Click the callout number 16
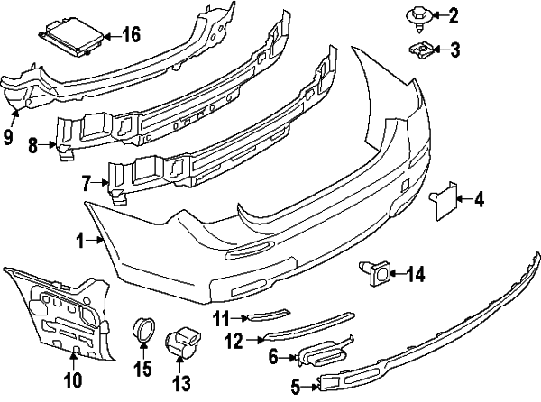[x=131, y=36]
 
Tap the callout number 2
[x=454, y=15]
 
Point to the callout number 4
[x=480, y=199]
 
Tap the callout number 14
[x=416, y=272]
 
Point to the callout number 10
[x=73, y=379]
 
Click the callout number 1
[x=79, y=241]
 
